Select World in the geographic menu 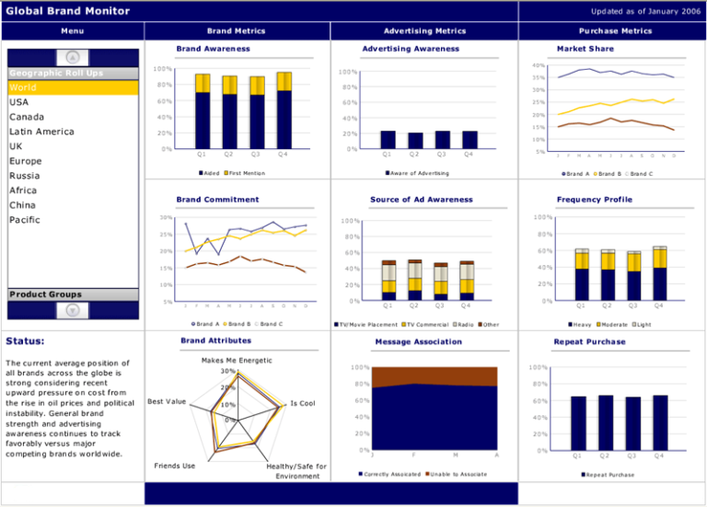click(x=23, y=87)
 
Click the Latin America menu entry click(x=41, y=132)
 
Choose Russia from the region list click(x=25, y=176)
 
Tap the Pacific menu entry click(x=25, y=220)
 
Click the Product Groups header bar click(x=73, y=294)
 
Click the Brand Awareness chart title click(x=213, y=49)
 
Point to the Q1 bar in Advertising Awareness click(x=388, y=139)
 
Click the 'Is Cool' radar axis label click(x=303, y=403)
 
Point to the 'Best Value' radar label click(x=167, y=402)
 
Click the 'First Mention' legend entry click(x=247, y=173)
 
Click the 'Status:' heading click(x=25, y=341)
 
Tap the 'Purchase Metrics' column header click(x=611, y=30)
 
